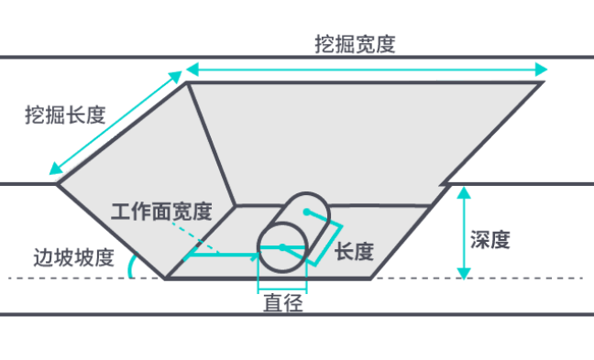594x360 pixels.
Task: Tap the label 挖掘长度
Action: click(x=65, y=115)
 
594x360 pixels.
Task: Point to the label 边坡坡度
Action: click(x=72, y=256)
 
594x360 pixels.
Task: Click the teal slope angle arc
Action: click(x=132, y=266)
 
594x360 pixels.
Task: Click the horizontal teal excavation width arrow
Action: click(x=367, y=69)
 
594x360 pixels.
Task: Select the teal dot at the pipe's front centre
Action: click(x=281, y=247)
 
